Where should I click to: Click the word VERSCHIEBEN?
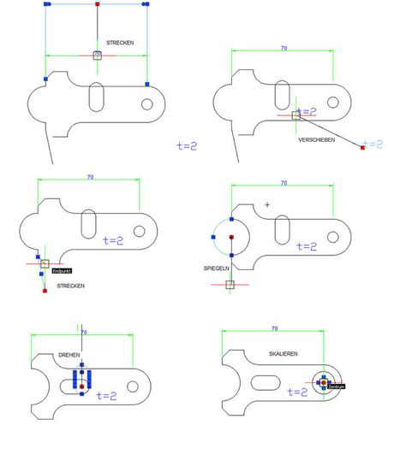316,139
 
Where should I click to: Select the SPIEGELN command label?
216,268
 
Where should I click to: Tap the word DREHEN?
69,354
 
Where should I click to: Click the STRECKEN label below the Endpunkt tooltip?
70,286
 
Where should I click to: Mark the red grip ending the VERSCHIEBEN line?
362,148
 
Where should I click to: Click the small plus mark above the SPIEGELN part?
267,204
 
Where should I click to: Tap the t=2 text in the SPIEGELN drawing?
306,246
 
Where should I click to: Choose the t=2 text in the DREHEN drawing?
106,396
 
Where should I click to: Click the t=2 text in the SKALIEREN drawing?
296,392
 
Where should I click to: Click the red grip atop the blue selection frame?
97,4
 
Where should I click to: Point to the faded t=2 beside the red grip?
374,145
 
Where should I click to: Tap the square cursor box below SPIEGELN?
230,284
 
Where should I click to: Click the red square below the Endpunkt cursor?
44,291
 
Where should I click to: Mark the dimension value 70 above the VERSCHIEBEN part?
284,49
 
